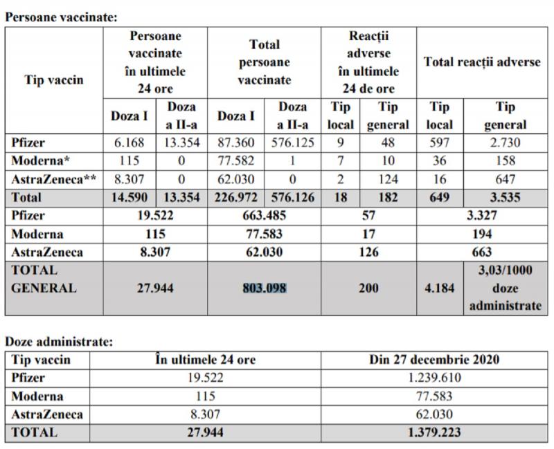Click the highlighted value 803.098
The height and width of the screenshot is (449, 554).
pos(264,288)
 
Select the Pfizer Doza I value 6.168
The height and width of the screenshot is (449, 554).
pos(129,143)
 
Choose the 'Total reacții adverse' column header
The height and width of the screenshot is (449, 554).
pos(482,62)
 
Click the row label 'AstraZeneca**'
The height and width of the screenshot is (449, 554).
pos(50,179)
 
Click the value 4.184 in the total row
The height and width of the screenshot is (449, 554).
pos(440,288)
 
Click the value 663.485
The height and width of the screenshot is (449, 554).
pos(264,215)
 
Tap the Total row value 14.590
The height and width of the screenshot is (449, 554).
pos(129,197)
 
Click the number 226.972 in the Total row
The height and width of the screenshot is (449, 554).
pos(236,197)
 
